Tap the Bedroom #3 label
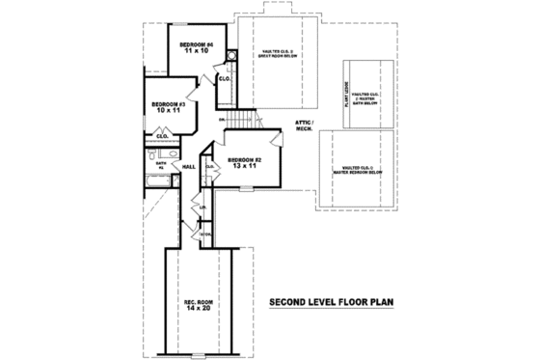point(169,103)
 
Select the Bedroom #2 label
point(242,159)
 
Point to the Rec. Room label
point(200,303)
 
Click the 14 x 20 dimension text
point(200,311)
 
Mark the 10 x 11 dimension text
point(169,111)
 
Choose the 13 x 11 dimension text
point(242,167)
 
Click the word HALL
point(189,167)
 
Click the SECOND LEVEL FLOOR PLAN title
point(332,300)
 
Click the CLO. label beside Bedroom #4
point(222,78)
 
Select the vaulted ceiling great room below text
point(278,53)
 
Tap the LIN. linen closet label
point(202,207)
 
